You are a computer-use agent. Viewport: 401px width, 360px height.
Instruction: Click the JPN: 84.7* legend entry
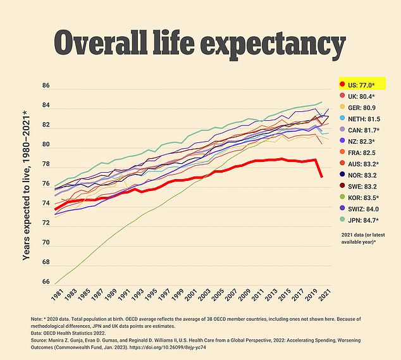click(x=366, y=220)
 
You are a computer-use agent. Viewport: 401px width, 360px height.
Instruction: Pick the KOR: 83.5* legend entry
click(x=366, y=197)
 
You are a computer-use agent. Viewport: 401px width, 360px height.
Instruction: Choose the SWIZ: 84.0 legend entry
click(x=366, y=208)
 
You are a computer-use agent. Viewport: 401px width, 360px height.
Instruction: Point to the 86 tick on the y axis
click(x=46, y=85)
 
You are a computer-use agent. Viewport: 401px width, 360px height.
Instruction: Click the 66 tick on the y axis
click(x=46, y=282)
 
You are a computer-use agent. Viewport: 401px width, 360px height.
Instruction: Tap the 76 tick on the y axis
click(x=46, y=184)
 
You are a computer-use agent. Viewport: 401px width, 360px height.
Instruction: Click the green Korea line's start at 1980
click(x=56, y=283)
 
